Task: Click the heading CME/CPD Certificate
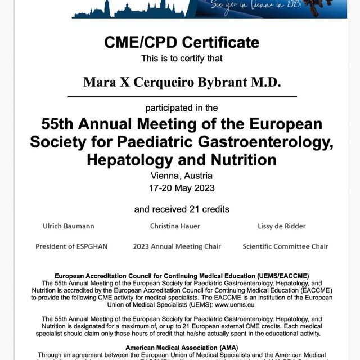click(182, 42)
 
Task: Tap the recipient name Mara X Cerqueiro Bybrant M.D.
click(182, 82)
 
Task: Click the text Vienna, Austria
click(182, 176)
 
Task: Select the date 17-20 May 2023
click(182, 188)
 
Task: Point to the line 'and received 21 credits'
click(182, 209)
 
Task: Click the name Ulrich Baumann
click(69, 226)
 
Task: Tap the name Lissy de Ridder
click(282, 226)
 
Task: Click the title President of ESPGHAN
click(71, 246)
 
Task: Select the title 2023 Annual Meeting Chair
click(177, 246)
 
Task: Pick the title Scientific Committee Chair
click(285, 246)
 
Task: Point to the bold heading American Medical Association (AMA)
click(181, 348)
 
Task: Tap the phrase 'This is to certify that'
click(182, 58)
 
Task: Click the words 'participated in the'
click(182, 107)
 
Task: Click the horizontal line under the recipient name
click(182, 97)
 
